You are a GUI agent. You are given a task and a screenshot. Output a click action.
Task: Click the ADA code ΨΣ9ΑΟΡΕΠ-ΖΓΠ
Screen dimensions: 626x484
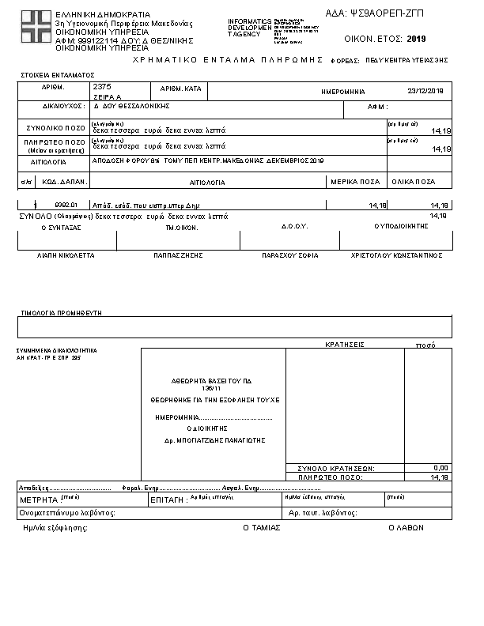[x=386, y=13]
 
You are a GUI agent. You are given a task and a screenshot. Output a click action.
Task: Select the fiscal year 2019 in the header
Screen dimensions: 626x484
[x=416, y=38]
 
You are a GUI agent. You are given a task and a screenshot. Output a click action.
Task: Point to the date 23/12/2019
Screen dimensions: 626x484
[x=425, y=91]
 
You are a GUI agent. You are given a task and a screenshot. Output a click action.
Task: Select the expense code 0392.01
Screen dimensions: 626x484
[x=66, y=204]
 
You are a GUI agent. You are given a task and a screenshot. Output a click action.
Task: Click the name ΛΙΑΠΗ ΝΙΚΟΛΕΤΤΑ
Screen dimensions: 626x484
[x=66, y=256]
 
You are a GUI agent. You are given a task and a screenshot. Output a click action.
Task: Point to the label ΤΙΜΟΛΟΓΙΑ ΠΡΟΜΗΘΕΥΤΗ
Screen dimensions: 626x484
[x=62, y=313]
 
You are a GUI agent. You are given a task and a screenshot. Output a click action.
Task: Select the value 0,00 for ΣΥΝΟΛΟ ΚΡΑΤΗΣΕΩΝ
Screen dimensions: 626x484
[x=441, y=468]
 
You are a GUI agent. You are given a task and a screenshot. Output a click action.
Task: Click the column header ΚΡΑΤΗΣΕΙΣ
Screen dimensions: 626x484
[x=344, y=345]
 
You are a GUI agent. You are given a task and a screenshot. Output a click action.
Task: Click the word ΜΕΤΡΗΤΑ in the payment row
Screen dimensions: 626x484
[x=39, y=500]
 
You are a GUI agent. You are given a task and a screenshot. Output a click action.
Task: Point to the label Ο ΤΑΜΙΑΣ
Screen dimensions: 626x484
[x=262, y=527]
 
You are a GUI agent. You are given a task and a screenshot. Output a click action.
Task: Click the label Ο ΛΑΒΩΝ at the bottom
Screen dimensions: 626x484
[x=403, y=527]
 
